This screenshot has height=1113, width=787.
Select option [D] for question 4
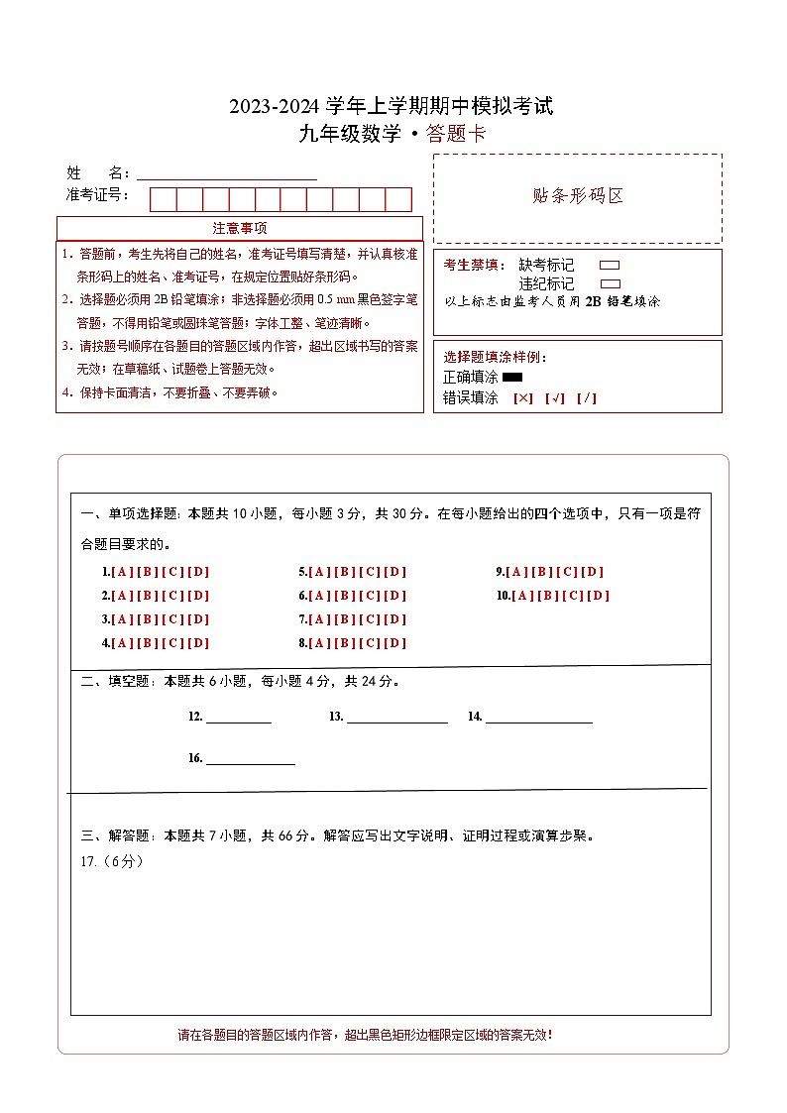pyautogui.click(x=198, y=643)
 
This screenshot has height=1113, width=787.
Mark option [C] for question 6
pyautogui.click(x=371, y=596)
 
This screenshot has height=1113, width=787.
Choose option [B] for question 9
pyautogui.click(x=543, y=572)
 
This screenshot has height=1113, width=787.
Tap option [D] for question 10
pyautogui.click(x=599, y=596)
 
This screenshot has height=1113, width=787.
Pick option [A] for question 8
pyautogui.click(x=319, y=643)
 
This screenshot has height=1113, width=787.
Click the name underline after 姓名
pyautogui.click(x=227, y=175)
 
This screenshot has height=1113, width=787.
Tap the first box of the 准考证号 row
pyautogui.click(x=163, y=199)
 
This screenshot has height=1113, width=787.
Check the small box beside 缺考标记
pyautogui.click(x=611, y=266)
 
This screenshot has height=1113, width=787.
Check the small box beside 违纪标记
pyautogui.click(x=611, y=283)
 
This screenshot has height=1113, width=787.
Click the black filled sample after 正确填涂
pyautogui.click(x=512, y=377)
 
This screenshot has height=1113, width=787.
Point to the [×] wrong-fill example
pyautogui.click(x=522, y=398)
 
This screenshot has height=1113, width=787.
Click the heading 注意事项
pyautogui.click(x=239, y=229)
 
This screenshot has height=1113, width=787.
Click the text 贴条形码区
pyautogui.click(x=578, y=195)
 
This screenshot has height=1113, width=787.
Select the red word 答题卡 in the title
pyautogui.click(x=456, y=135)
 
